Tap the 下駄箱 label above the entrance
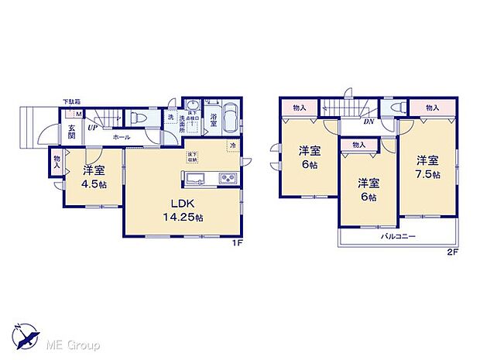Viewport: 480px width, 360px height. [x=72, y=101]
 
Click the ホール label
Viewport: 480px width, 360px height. [x=121, y=136]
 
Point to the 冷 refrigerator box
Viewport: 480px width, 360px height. [x=231, y=145]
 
